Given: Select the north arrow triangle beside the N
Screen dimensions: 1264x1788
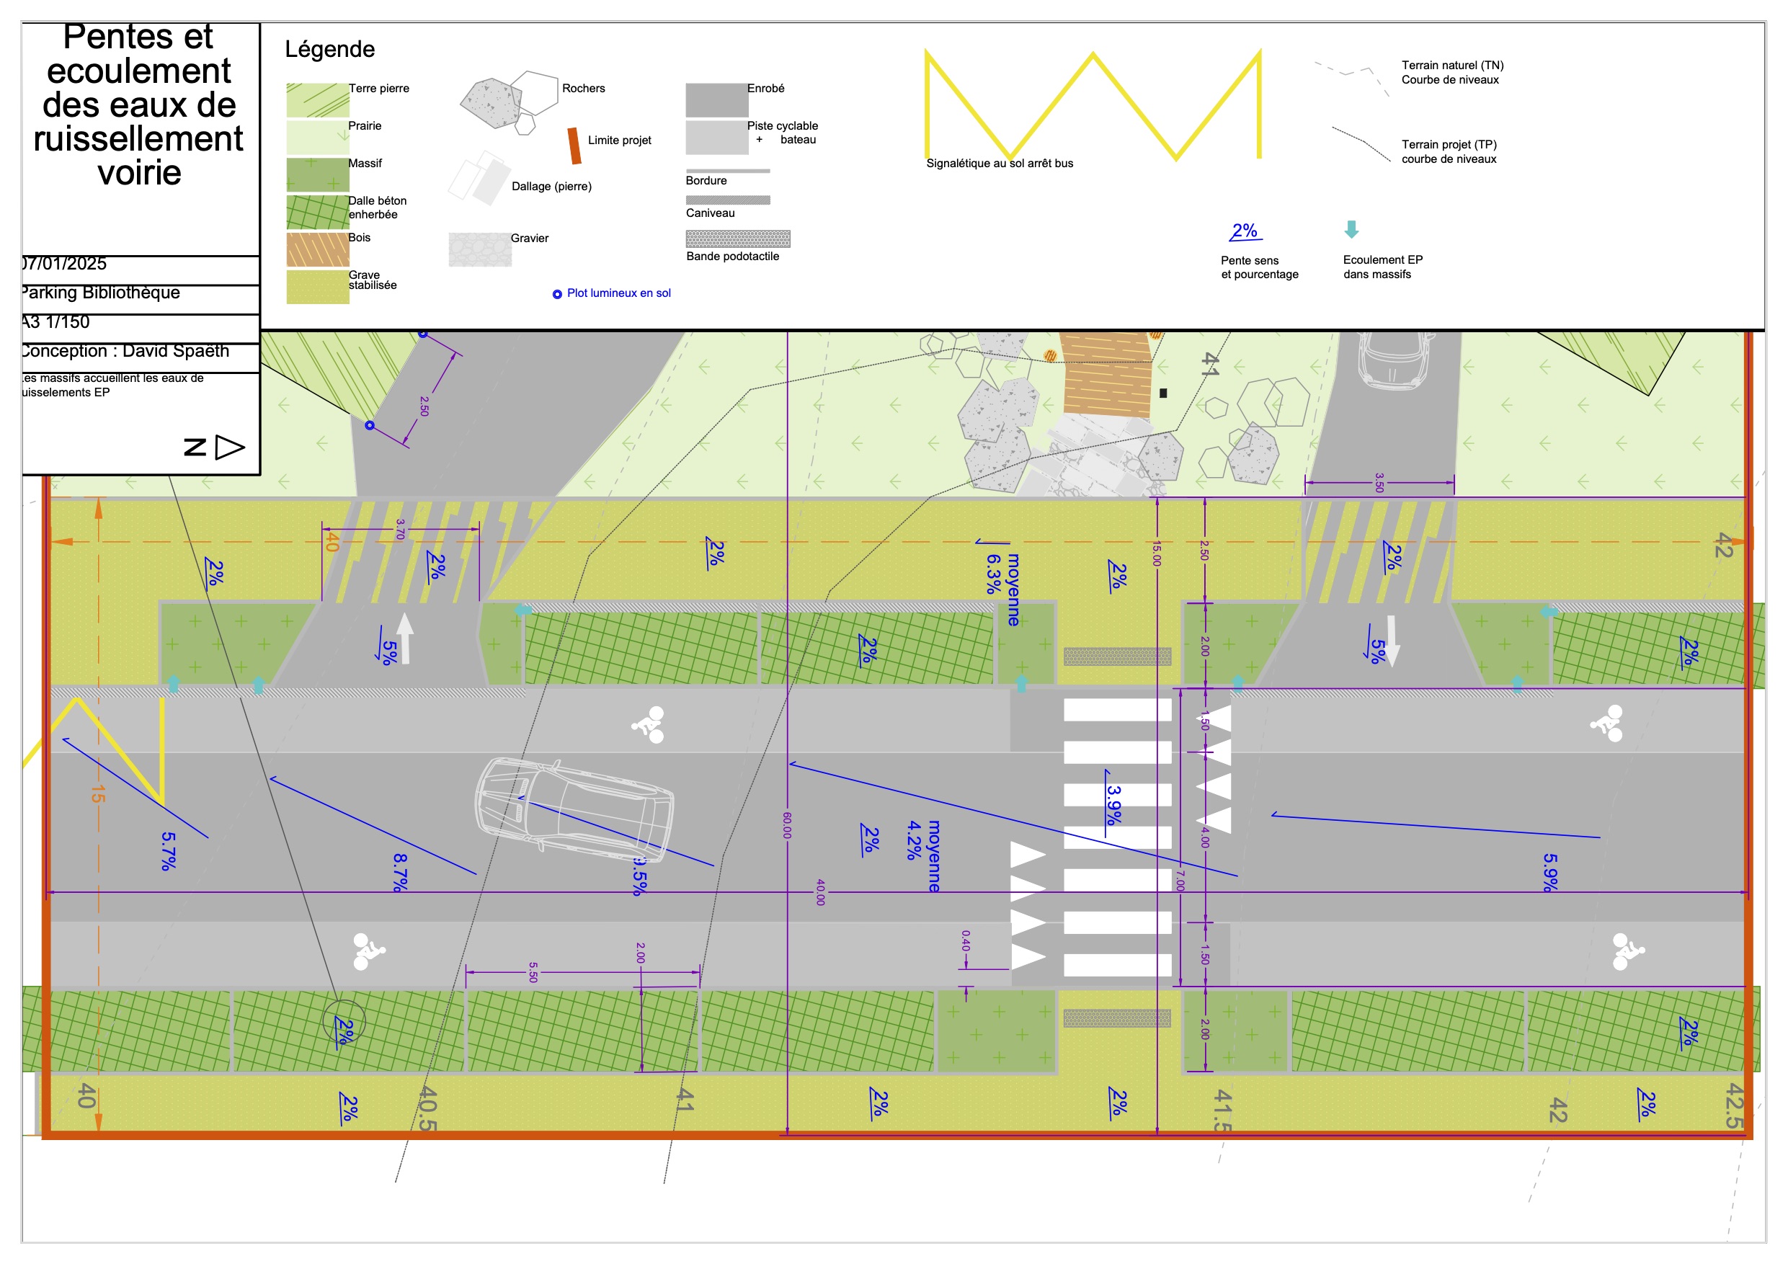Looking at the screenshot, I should tap(229, 447).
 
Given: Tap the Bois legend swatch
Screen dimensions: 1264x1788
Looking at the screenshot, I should tap(317, 249).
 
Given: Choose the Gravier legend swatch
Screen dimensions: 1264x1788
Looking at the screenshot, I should tap(480, 249).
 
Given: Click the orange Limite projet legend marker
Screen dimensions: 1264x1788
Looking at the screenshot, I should tap(574, 146).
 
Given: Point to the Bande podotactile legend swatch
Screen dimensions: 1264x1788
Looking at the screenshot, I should tap(737, 239).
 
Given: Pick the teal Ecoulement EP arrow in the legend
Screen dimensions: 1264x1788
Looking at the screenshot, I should tap(1351, 229).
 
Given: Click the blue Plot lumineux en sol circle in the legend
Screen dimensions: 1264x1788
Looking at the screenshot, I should tap(557, 295).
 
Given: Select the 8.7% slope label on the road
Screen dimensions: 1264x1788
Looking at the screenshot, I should tap(400, 872).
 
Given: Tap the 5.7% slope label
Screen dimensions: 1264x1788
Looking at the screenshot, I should tap(168, 850).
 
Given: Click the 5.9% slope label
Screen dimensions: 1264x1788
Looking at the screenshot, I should tap(1549, 872).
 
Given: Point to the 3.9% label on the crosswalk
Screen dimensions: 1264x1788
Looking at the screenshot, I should tap(1113, 804).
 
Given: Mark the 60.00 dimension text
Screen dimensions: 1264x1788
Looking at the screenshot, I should tap(786, 826).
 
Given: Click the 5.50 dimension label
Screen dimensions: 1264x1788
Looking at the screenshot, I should tap(533, 972).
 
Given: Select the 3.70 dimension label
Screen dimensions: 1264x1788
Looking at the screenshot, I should tap(400, 530).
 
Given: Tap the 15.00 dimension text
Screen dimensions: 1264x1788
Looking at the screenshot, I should tap(1157, 553).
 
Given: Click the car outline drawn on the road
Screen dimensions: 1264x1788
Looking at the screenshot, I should tap(574, 810).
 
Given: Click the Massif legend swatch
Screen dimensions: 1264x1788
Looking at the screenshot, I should tap(317, 174).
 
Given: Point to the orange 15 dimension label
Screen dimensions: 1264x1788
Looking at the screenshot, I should tap(97, 794).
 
